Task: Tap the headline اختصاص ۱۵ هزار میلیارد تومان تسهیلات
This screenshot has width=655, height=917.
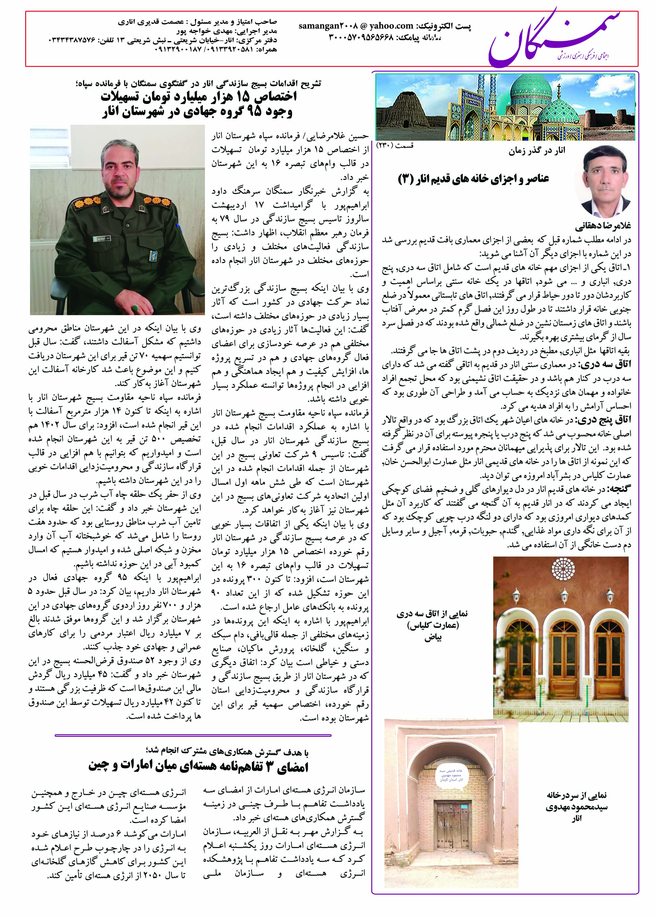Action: point(198,97)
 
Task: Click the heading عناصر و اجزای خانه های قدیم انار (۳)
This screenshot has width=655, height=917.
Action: point(473,179)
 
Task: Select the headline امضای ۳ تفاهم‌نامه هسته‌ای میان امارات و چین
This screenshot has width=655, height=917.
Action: point(198,766)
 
